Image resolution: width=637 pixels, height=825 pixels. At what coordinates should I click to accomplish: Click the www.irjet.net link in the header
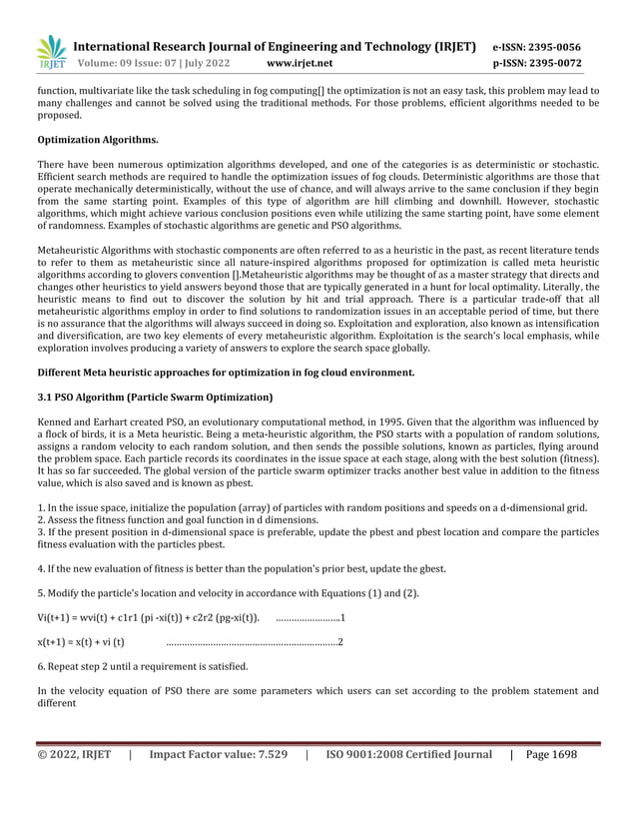tap(301, 63)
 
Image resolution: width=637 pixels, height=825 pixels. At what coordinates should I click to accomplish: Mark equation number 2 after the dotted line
tap(341, 640)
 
